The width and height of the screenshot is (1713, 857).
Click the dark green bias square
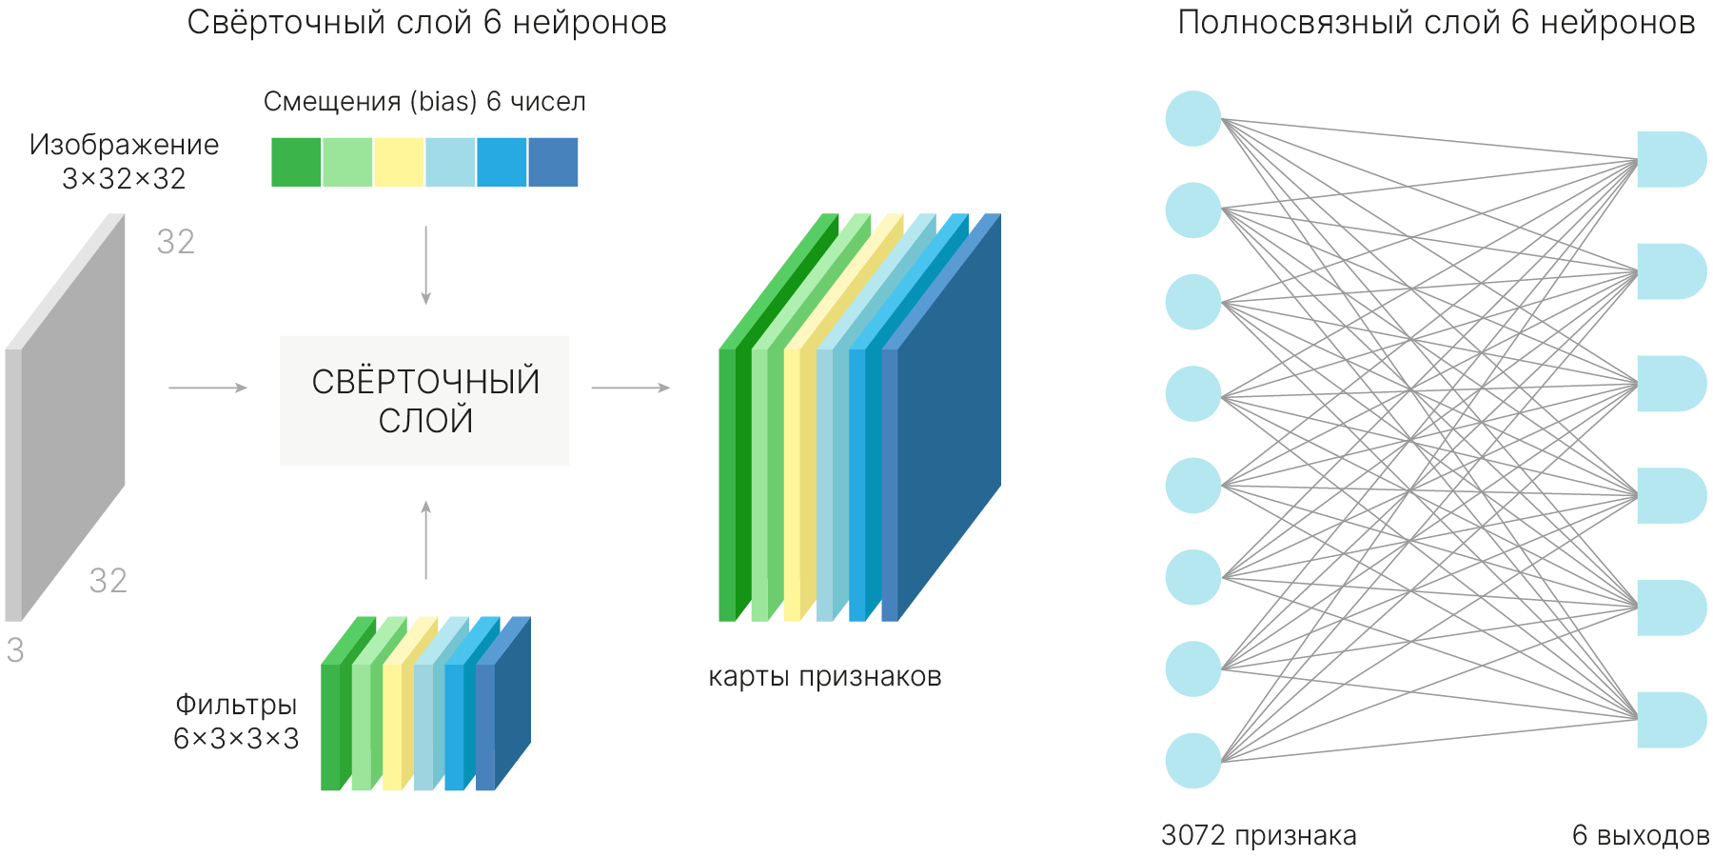pyautogui.click(x=296, y=162)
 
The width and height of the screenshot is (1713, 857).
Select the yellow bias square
pyautogui.click(x=399, y=162)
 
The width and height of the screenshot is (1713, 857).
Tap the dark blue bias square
pyautogui.click(x=553, y=162)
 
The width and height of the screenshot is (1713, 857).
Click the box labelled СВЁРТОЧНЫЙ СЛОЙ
pyautogui.click(x=424, y=400)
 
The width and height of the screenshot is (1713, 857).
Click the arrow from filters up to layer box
pyautogui.click(x=425, y=540)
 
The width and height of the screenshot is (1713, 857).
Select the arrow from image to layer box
pyautogui.click(x=207, y=388)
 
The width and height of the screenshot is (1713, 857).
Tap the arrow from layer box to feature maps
pyautogui.click(x=630, y=388)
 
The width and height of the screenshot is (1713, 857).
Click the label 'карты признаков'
pyautogui.click(x=824, y=677)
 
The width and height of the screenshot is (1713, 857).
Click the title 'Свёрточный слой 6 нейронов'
pyautogui.click(x=426, y=23)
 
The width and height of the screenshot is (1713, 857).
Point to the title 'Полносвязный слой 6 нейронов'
pyautogui.click(x=1436, y=23)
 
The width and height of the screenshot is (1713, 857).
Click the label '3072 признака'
pyautogui.click(x=1258, y=836)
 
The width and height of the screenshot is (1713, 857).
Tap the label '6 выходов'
pyautogui.click(x=1640, y=836)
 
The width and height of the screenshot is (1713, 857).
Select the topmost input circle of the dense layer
pyautogui.click(x=1193, y=119)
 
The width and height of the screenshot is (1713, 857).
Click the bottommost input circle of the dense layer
pyautogui.click(x=1193, y=760)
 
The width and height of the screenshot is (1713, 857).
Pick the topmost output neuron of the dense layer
pyautogui.click(x=1670, y=159)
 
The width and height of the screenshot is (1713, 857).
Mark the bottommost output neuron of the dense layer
pyautogui.click(x=1670, y=720)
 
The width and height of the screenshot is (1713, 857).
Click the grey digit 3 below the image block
pyautogui.click(x=15, y=650)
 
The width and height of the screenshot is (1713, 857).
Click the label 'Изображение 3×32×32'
pyautogui.click(x=124, y=161)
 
